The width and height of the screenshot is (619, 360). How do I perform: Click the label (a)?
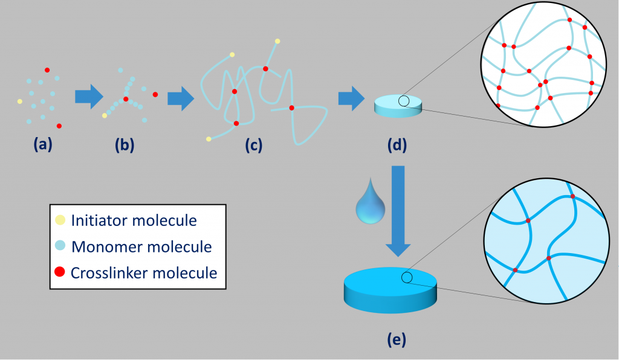point(43,144)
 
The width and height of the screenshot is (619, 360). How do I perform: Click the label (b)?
point(125,144)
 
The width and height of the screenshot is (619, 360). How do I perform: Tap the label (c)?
point(253,145)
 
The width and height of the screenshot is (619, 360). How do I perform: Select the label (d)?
point(398,145)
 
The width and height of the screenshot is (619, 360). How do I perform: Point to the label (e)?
point(396,339)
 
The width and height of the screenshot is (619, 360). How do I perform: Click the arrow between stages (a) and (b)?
point(89,97)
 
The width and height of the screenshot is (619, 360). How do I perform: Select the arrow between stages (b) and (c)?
point(180,98)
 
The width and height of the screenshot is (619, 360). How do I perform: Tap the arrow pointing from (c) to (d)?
point(351,98)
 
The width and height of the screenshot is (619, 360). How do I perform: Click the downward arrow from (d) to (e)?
point(398,208)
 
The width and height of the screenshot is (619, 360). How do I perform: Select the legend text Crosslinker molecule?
point(143,272)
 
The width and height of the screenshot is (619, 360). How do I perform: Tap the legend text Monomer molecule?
point(141,246)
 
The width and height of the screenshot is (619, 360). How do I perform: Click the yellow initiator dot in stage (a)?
point(19,101)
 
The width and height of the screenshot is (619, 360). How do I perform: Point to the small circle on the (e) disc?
point(407,277)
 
